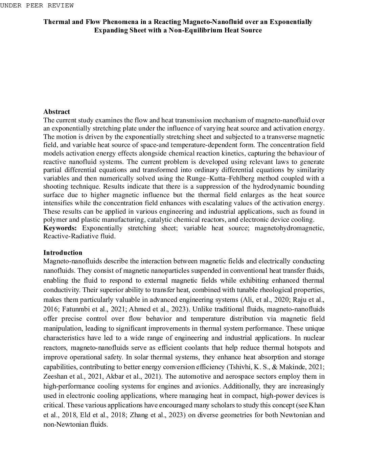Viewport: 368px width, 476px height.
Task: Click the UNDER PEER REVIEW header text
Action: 37,6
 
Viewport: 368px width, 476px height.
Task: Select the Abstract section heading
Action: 56,112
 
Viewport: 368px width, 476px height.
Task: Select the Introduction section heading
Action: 63,253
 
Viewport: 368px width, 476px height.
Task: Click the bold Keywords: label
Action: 60,228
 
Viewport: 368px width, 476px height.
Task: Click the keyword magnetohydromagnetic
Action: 289,228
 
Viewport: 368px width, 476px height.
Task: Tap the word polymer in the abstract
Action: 52,220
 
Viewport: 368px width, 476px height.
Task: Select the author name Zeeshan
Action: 55,376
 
